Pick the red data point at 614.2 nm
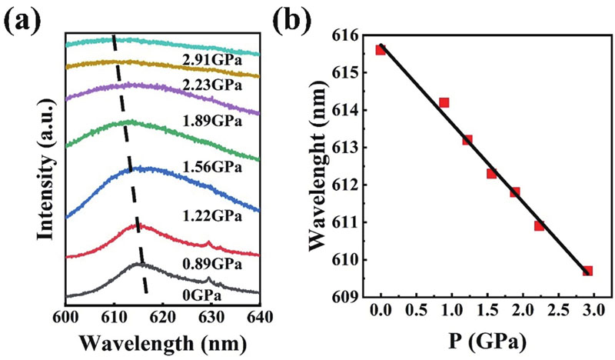coord(444,102)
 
